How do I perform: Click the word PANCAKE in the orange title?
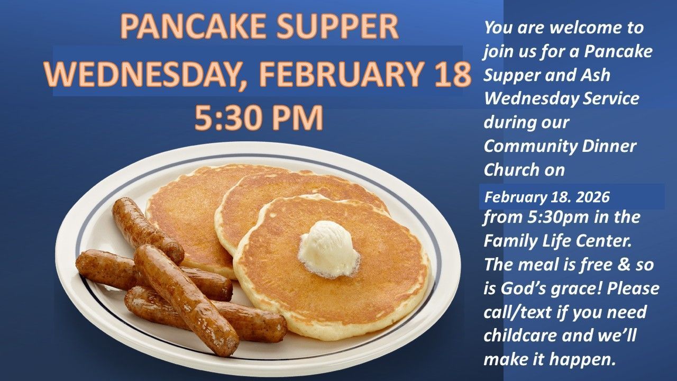(x=194, y=26)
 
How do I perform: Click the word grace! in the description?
(x=577, y=288)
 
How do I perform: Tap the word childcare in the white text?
(x=518, y=335)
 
